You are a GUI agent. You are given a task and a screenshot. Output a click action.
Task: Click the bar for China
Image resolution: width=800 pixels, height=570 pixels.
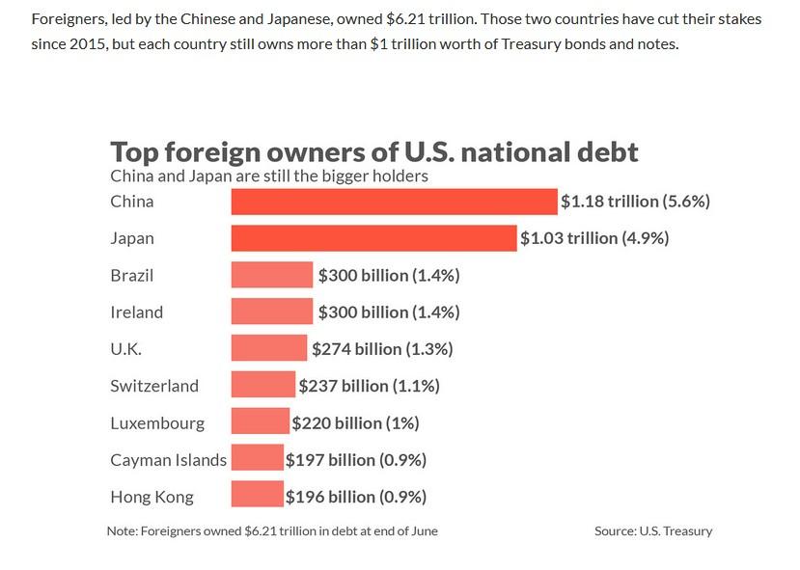(394, 202)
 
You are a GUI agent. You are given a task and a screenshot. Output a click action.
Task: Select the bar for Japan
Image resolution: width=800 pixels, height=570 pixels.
(373, 238)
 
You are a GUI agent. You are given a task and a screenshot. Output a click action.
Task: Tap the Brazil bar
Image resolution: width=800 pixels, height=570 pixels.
(272, 275)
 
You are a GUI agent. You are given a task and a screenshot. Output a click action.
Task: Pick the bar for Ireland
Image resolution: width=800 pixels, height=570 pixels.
(272, 312)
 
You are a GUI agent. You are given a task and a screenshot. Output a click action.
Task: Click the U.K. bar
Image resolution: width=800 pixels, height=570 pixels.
(269, 348)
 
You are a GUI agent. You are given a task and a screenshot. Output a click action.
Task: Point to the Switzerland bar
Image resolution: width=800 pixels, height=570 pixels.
(262, 385)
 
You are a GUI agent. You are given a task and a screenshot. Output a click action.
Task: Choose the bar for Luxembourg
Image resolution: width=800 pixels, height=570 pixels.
(260, 422)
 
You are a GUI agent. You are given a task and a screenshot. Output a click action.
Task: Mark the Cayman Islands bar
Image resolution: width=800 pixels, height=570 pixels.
(257, 459)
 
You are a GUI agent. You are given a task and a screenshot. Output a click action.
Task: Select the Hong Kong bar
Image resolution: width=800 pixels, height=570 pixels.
(257, 497)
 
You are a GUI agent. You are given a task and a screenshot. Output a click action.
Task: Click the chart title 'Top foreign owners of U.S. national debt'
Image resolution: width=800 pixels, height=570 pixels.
(374, 152)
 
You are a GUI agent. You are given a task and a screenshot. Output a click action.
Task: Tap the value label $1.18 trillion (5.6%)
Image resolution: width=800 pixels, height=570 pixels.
(635, 202)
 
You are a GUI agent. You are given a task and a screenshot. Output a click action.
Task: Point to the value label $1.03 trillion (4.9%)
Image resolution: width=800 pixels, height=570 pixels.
(593, 238)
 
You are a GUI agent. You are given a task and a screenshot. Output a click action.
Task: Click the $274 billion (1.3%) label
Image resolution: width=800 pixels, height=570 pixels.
(381, 348)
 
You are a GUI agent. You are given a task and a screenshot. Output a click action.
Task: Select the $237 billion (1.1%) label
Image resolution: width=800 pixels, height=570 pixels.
(369, 386)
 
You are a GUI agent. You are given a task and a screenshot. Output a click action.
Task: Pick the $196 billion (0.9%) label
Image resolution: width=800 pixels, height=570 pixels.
(356, 497)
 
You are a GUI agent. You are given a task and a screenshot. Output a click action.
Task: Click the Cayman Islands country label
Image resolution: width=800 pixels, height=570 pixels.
(168, 460)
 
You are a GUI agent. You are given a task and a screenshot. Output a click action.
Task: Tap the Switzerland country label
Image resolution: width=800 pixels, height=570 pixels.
(154, 386)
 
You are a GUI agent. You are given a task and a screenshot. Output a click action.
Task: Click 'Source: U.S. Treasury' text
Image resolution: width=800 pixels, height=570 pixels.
(653, 530)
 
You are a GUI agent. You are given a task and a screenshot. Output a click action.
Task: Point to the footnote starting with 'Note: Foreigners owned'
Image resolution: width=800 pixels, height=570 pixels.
(272, 530)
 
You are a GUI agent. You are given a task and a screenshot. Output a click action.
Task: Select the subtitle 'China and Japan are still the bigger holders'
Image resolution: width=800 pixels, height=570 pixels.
(269, 176)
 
